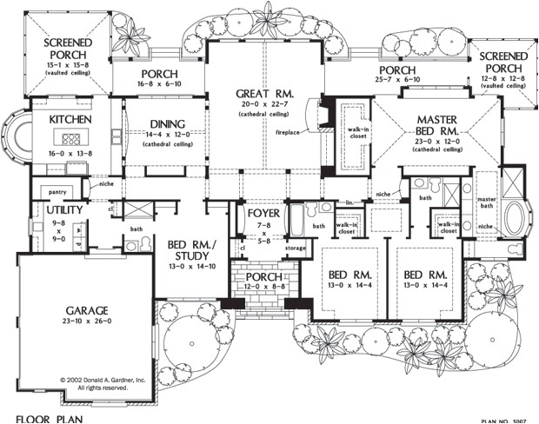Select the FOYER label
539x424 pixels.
click(262, 213)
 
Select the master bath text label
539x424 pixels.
click(486, 205)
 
